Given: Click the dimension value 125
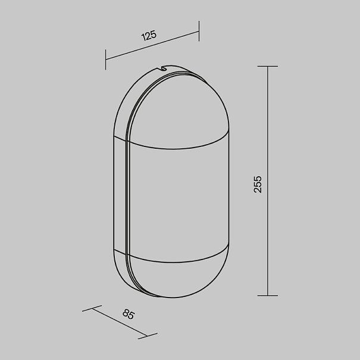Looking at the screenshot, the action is [x=149, y=35].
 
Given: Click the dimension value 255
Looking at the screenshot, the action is [x=258, y=184].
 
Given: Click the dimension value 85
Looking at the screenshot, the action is [x=129, y=314].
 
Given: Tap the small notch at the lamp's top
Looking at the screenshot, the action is [x=164, y=68].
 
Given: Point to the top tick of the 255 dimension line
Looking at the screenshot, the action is [x=268, y=67].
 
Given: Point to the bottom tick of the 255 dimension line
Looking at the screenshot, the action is [x=268, y=296].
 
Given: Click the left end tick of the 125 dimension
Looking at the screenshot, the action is [x=105, y=60].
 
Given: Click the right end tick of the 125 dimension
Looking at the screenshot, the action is [x=199, y=31].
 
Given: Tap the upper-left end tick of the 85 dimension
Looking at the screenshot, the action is [x=92, y=308].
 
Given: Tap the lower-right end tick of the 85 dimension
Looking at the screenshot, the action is [x=148, y=336].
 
